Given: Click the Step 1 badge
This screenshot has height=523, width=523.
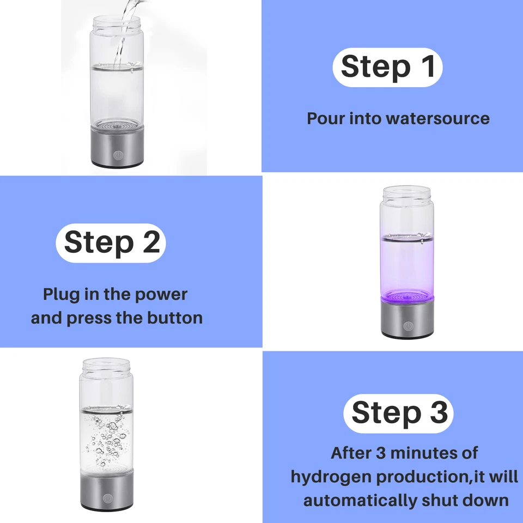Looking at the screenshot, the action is (x=387, y=68).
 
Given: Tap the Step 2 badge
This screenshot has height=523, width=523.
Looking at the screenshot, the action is (x=111, y=243).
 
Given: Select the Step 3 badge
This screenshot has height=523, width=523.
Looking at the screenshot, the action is (x=398, y=413).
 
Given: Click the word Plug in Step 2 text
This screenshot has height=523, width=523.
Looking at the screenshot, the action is (x=61, y=295).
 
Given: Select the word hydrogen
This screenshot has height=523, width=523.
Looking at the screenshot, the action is (x=331, y=477).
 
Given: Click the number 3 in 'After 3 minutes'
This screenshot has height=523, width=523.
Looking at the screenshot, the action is (x=381, y=453).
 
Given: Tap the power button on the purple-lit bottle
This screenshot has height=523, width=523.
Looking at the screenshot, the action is (x=408, y=326).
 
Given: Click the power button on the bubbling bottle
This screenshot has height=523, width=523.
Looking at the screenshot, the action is (x=107, y=498).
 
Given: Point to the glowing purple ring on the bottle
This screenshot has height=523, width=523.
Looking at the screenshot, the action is (x=408, y=296).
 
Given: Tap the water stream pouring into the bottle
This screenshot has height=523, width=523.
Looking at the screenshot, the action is (x=124, y=33).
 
